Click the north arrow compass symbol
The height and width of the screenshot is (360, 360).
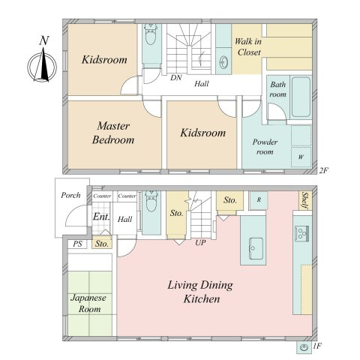(x=43, y=65)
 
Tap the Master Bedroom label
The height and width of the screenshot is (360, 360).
(x=113, y=133)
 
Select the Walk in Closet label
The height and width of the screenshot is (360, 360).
(x=248, y=46)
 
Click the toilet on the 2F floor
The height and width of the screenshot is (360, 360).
(x=151, y=34)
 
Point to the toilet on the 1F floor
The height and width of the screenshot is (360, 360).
(x=151, y=202)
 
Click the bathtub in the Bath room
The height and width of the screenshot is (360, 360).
(x=301, y=97)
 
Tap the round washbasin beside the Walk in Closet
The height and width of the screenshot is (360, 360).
(x=223, y=61)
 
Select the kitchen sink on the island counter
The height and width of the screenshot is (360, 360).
(x=256, y=248)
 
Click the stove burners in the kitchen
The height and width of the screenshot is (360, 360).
(x=301, y=233)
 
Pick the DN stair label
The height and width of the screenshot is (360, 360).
(x=176, y=78)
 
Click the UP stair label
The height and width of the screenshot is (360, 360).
(x=200, y=242)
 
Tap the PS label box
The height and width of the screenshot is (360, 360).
(x=77, y=244)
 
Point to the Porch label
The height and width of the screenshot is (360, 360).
(x=70, y=195)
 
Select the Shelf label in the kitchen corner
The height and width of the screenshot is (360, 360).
(x=305, y=200)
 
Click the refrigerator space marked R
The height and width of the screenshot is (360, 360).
(x=259, y=199)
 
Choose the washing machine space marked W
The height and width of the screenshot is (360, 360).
(x=301, y=157)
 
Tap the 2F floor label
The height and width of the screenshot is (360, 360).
(x=323, y=170)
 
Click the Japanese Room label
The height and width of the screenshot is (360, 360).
(x=89, y=304)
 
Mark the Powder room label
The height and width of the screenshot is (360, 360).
(x=265, y=147)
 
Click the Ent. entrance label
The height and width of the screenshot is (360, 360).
(x=101, y=217)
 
